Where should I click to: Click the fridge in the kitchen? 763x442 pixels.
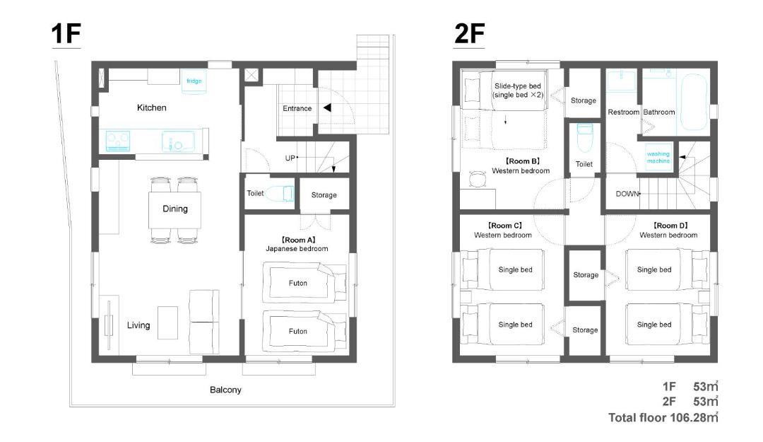tap(194, 81)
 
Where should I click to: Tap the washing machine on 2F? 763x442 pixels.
tap(658, 157)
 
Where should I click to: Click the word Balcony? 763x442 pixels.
tap(225, 390)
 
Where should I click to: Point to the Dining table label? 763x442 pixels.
tap(175, 209)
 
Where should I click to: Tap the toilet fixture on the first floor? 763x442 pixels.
tap(280, 194)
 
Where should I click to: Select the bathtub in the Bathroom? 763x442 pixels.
tap(694, 103)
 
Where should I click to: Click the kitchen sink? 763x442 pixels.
tap(177, 142)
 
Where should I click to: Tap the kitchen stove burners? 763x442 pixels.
tap(118, 141)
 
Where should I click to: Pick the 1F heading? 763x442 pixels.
tap(66, 34)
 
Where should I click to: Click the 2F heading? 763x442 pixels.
tap(469, 34)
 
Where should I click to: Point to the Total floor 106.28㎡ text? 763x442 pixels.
tap(663, 418)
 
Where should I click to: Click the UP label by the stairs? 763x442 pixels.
tap(290, 158)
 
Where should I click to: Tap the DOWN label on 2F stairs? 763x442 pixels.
tap(627, 194)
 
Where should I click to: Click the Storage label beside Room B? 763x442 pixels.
tap(584, 100)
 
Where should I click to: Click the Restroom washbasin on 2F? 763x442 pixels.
tap(622, 81)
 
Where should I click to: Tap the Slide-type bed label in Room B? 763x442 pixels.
tap(518, 90)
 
